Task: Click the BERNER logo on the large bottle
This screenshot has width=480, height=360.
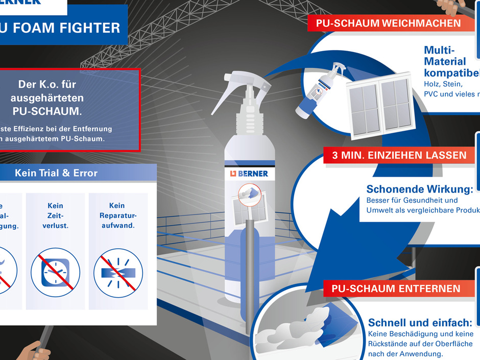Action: click(249, 173)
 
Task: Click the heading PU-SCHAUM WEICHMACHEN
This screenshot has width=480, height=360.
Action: click(388, 23)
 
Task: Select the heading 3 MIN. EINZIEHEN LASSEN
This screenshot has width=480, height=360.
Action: click(399, 155)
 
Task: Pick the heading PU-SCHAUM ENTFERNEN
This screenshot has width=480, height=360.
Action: click(395, 289)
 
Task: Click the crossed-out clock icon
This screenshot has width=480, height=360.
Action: click(55, 272)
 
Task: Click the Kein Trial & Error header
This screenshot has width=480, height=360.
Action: click(56, 173)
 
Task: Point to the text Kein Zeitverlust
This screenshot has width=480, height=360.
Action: click(55, 215)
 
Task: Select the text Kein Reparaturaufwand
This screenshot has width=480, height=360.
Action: click(117, 215)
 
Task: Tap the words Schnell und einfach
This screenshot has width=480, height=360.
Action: click(419, 323)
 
